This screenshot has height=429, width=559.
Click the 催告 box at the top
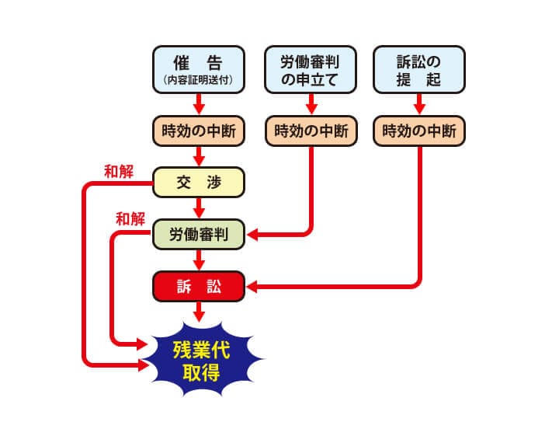click(199, 68)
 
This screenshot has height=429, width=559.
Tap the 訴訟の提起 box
click(419, 68)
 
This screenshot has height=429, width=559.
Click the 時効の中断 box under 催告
click(199, 131)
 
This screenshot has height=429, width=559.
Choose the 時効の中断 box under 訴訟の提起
click(419, 131)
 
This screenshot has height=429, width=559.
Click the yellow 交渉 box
click(199, 183)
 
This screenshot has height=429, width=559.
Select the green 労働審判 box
click(199, 234)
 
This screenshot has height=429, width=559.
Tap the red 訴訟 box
click(199, 286)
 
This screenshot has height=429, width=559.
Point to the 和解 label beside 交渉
click(120, 169)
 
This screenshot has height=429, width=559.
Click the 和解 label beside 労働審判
click(130, 218)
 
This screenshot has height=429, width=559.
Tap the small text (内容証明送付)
click(199, 79)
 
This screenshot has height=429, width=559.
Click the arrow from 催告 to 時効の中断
click(199, 102)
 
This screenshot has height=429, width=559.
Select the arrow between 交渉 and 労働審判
click(199, 208)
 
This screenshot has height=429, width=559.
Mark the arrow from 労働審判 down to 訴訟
click(199, 260)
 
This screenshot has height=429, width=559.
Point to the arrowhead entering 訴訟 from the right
click(252, 287)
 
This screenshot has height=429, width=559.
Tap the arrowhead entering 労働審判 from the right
click(252, 234)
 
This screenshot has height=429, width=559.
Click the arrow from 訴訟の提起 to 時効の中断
click(419, 102)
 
